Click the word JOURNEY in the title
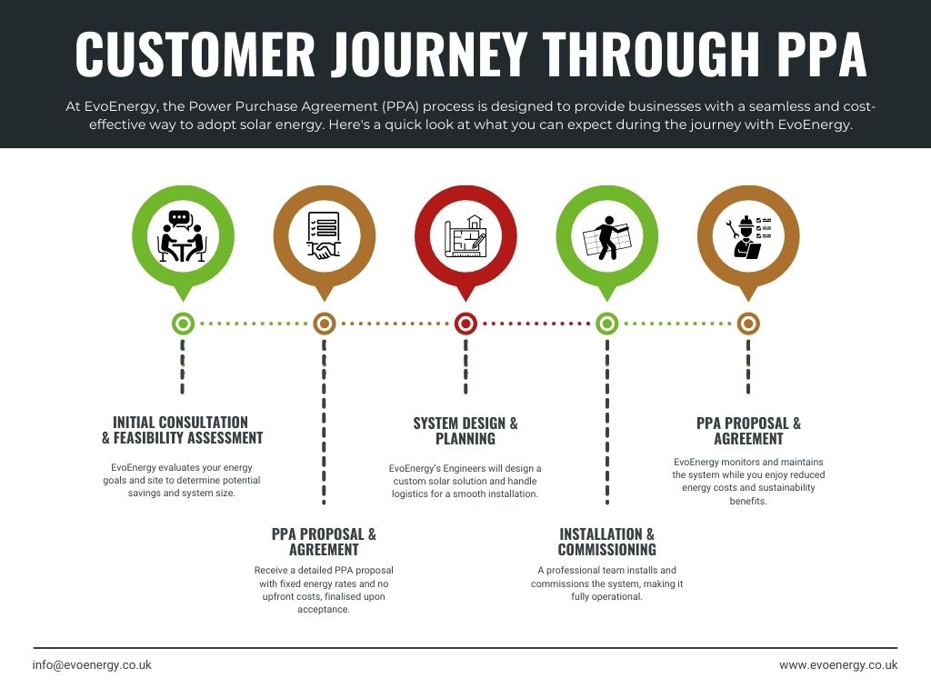429,54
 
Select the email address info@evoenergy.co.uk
92,664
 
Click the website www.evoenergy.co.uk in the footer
838,664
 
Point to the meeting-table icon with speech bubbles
183,236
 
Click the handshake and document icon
325,235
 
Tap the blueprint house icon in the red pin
465,236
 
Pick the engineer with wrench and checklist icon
748,237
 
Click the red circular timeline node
465,324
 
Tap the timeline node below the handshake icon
325,324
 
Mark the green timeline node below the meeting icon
183,324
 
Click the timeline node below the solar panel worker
606,324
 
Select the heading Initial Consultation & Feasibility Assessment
182,430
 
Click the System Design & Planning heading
465,431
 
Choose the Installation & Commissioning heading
606,542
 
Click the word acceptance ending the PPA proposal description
324,610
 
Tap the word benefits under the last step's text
748,501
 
